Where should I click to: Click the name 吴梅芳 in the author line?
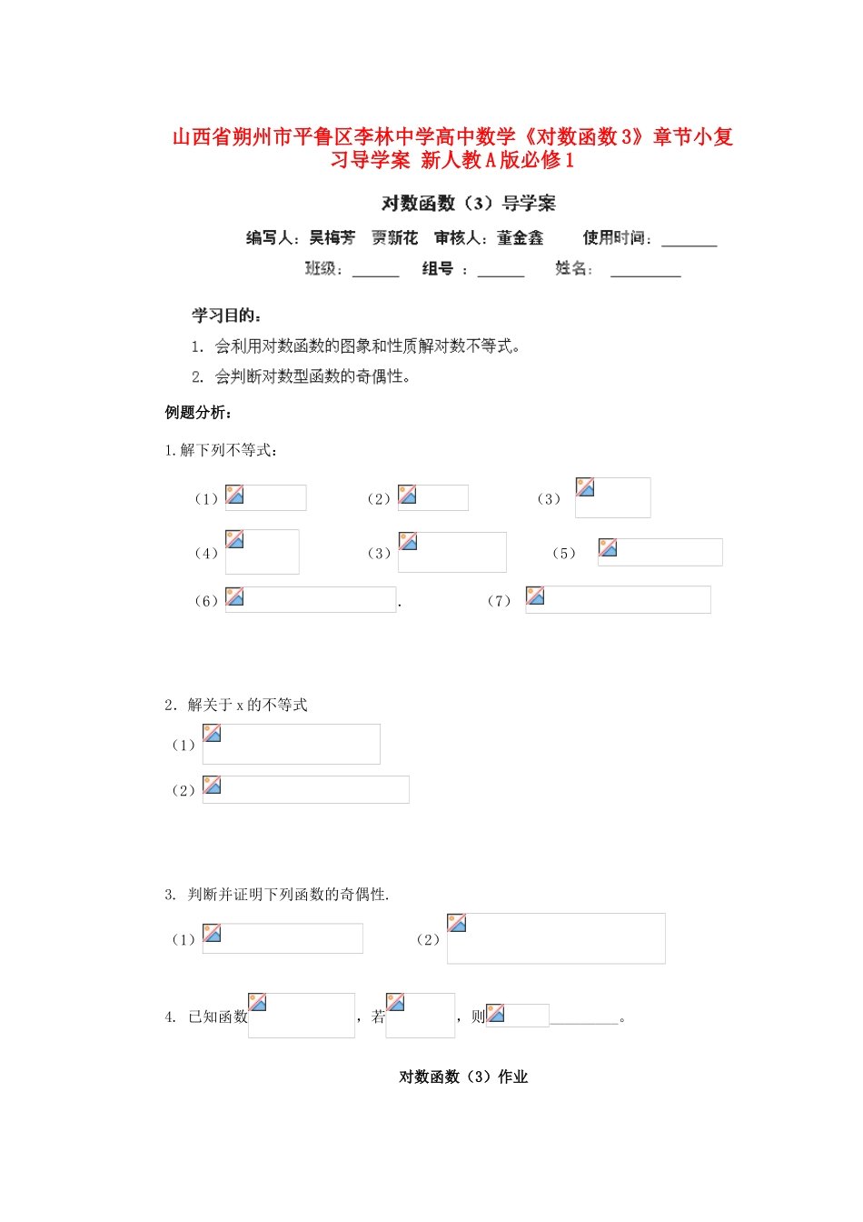[332, 238]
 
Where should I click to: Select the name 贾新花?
[394, 238]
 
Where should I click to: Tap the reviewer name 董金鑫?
[521, 238]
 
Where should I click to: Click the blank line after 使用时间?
[689, 242]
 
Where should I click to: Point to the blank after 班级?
[375, 272]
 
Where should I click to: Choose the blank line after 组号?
[501, 272]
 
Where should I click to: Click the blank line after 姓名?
[645, 272]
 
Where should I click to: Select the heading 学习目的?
[226, 316]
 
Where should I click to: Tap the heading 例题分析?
[198, 413]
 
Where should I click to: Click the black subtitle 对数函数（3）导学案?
[468, 204]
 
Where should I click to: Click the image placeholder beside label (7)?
[618, 600]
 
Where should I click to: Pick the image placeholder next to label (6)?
[311, 600]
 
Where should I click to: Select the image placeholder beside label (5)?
[660, 552]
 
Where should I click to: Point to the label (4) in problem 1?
[206, 554]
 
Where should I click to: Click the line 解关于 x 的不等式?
[236, 705]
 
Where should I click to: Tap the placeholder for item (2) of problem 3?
[556, 938]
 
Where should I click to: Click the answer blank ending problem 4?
[585, 1019]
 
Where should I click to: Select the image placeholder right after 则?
[518, 1015]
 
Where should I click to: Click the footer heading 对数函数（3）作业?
[463, 1077]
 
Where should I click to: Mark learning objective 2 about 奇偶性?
[302, 376]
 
